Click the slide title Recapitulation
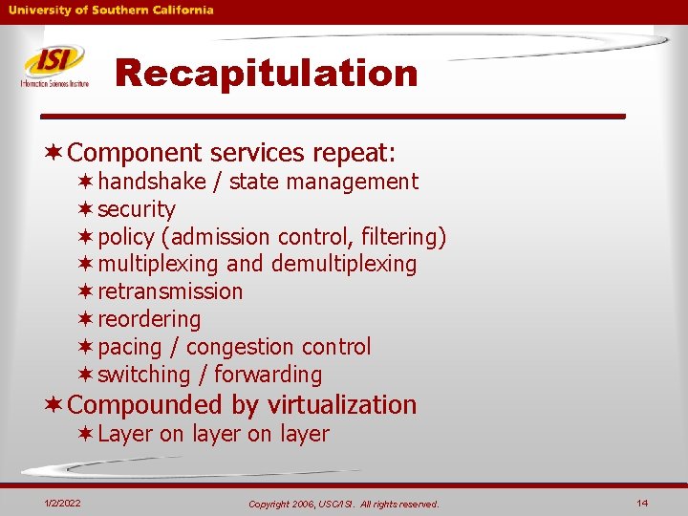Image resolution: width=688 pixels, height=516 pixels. click(267, 73)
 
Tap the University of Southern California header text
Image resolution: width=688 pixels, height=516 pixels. click(112, 10)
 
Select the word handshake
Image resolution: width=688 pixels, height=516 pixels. click(152, 182)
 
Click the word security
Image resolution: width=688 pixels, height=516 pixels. click(137, 209)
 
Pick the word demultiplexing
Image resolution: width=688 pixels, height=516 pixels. click(344, 264)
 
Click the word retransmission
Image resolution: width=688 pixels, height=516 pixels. click(170, 291)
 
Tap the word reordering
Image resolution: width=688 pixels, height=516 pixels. click(149, 319)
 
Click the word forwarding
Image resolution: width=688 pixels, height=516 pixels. click(268, 375)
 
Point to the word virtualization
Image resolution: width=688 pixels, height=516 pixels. click(341, 405)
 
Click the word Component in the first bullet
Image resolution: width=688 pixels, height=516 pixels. click(135, 153)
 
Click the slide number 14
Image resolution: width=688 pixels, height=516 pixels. click(641, 503)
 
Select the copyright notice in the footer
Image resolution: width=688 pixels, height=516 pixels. click(343, 504)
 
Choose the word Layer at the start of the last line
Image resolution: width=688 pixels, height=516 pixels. click(125, 434)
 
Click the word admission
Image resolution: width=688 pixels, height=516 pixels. click(221, 237)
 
